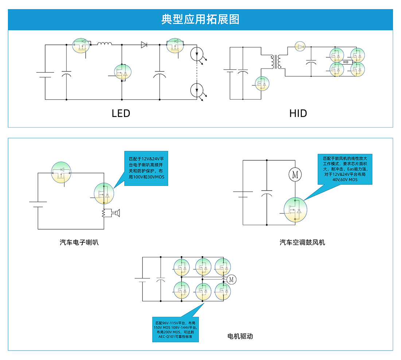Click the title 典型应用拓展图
200,19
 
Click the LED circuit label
121,113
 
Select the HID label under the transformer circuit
298,113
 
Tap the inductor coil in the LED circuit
105,44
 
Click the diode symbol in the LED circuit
144,45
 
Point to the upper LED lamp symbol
197,54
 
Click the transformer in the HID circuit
276,62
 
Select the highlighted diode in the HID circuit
300,47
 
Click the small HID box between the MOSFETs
346,62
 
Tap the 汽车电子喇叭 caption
79,242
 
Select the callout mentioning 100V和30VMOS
146,168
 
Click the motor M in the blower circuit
295,175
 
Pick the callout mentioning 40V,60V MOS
345,169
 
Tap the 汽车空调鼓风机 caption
302,242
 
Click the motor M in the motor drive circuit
231,279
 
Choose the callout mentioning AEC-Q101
175,329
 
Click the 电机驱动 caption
240,336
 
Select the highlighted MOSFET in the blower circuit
295,209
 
